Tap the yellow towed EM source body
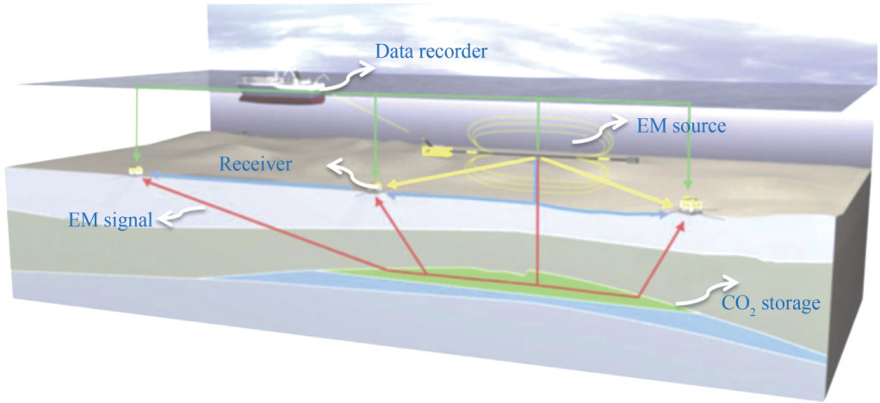439,151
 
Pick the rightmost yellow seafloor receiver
691,204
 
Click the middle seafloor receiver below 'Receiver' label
376,187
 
